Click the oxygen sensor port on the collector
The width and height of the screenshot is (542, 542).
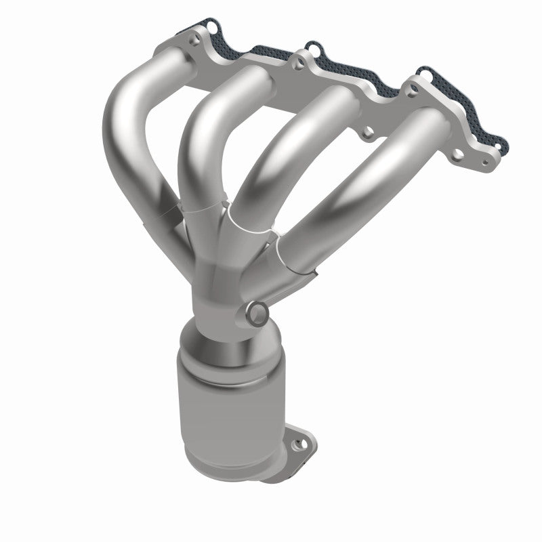[257, 314]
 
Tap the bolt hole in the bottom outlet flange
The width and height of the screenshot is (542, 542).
[295, 446]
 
